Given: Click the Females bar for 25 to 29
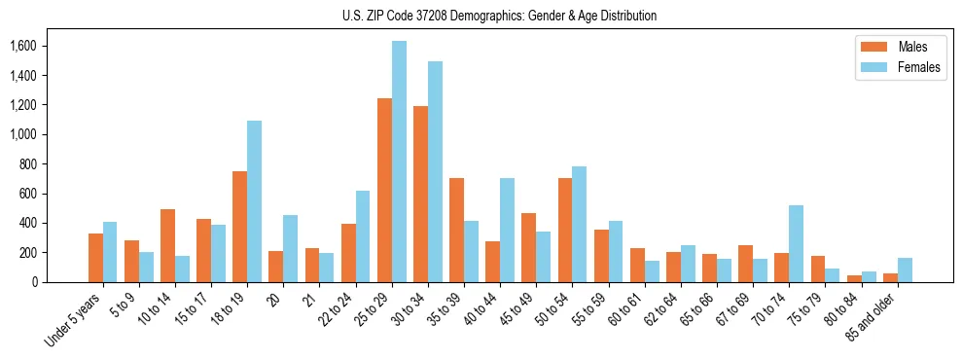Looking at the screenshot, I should [399, 162].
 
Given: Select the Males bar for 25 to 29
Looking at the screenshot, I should [384, 190].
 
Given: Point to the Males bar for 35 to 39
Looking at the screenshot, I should [457, 230].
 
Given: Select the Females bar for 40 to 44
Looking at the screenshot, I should [507, 230].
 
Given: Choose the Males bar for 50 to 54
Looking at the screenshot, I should [565, 230].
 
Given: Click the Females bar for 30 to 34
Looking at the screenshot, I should [435, 171].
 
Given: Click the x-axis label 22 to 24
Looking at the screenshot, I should [340, 309].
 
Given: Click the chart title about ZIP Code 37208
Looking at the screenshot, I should [499, 16].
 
